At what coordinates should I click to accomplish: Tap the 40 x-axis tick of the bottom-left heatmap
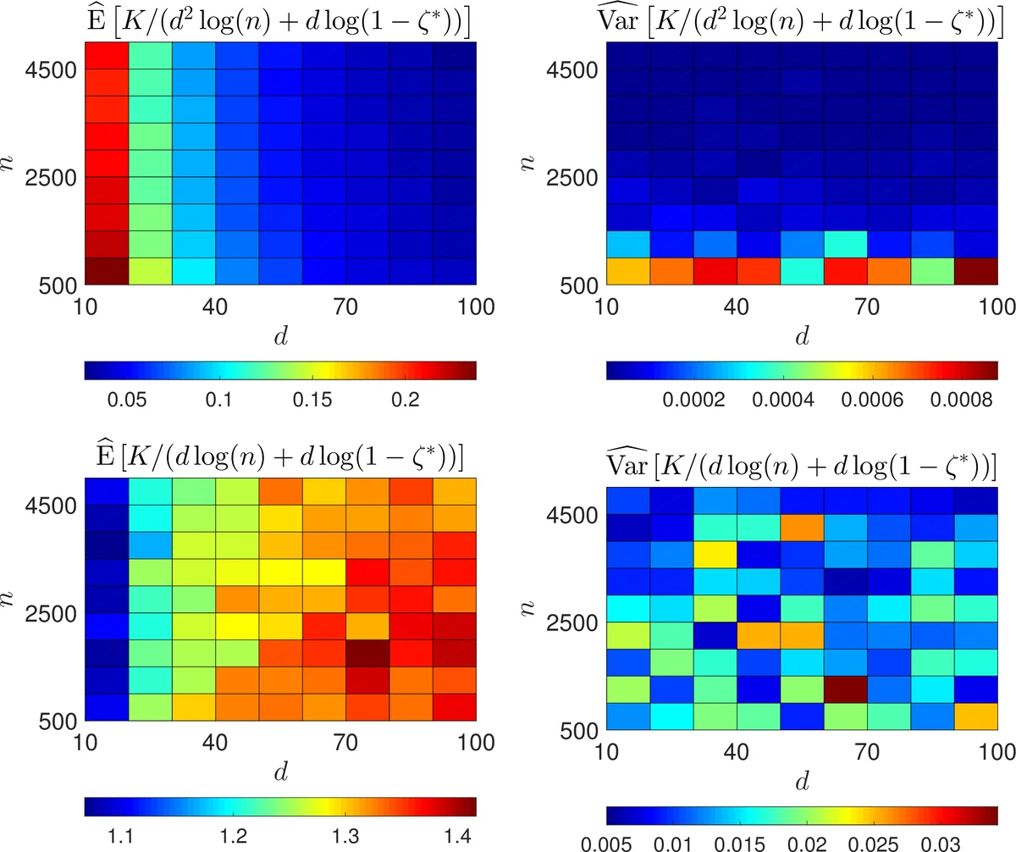click(215, 741)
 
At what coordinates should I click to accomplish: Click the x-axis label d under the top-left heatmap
click(280, 336)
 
